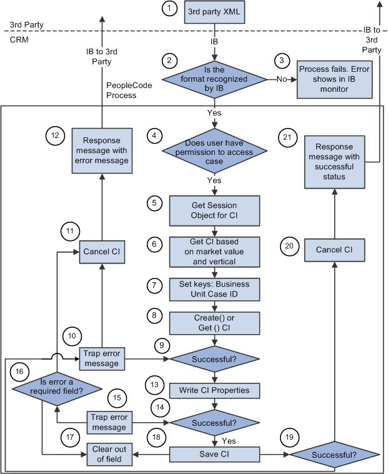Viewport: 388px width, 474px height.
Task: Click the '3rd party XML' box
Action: [214, 12]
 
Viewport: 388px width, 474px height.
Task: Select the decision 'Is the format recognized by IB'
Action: [214, 79]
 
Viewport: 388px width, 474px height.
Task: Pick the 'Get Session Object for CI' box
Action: [214, 210]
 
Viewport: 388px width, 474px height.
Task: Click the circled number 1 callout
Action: [168, 10]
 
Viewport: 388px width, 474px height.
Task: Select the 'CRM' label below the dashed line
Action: [18, 39]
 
